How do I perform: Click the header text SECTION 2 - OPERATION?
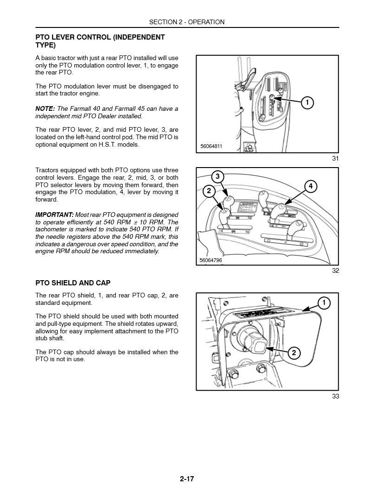187,22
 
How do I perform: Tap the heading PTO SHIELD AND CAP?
73,283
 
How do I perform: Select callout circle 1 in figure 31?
306,102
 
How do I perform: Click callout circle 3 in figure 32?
218,176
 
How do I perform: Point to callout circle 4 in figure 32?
310,187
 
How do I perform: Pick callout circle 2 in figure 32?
209,190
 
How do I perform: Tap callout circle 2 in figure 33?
294,353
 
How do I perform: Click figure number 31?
335,159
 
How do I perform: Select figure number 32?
335,271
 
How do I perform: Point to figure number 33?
335,396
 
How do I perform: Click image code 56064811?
211,146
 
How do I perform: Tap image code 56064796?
211,260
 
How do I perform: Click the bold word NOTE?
45,109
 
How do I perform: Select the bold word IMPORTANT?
54,215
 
